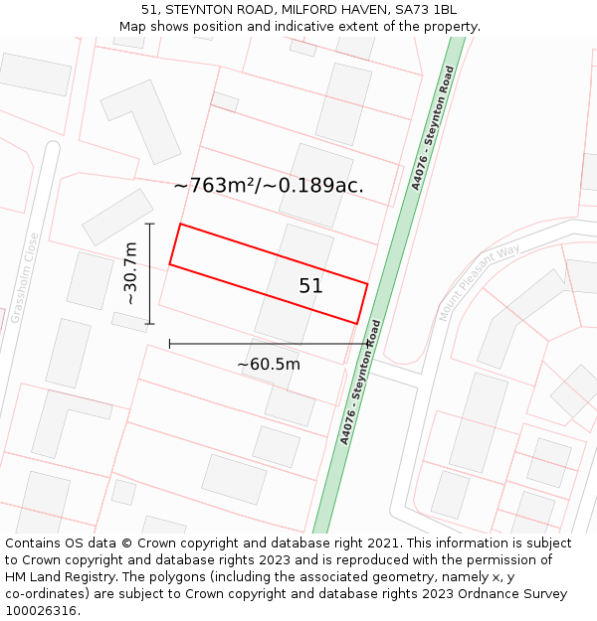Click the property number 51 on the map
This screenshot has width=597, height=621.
(x=310, y=286)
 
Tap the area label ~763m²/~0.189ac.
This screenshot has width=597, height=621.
(x=269, y=185)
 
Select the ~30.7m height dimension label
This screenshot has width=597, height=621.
(x=130, y=273)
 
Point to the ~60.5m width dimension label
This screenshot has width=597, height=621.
(x=268, y=365)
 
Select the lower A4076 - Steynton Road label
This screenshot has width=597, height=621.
(x=360, y=382)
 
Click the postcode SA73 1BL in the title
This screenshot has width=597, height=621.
(x=430, y=9)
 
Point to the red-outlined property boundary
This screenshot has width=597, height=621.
(x=269, y=273)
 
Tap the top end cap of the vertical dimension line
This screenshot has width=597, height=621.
(x=150, y=225)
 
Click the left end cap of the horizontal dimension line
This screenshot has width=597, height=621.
(x=170, y=344)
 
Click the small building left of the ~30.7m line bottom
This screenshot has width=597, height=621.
(x=129, y=322)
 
